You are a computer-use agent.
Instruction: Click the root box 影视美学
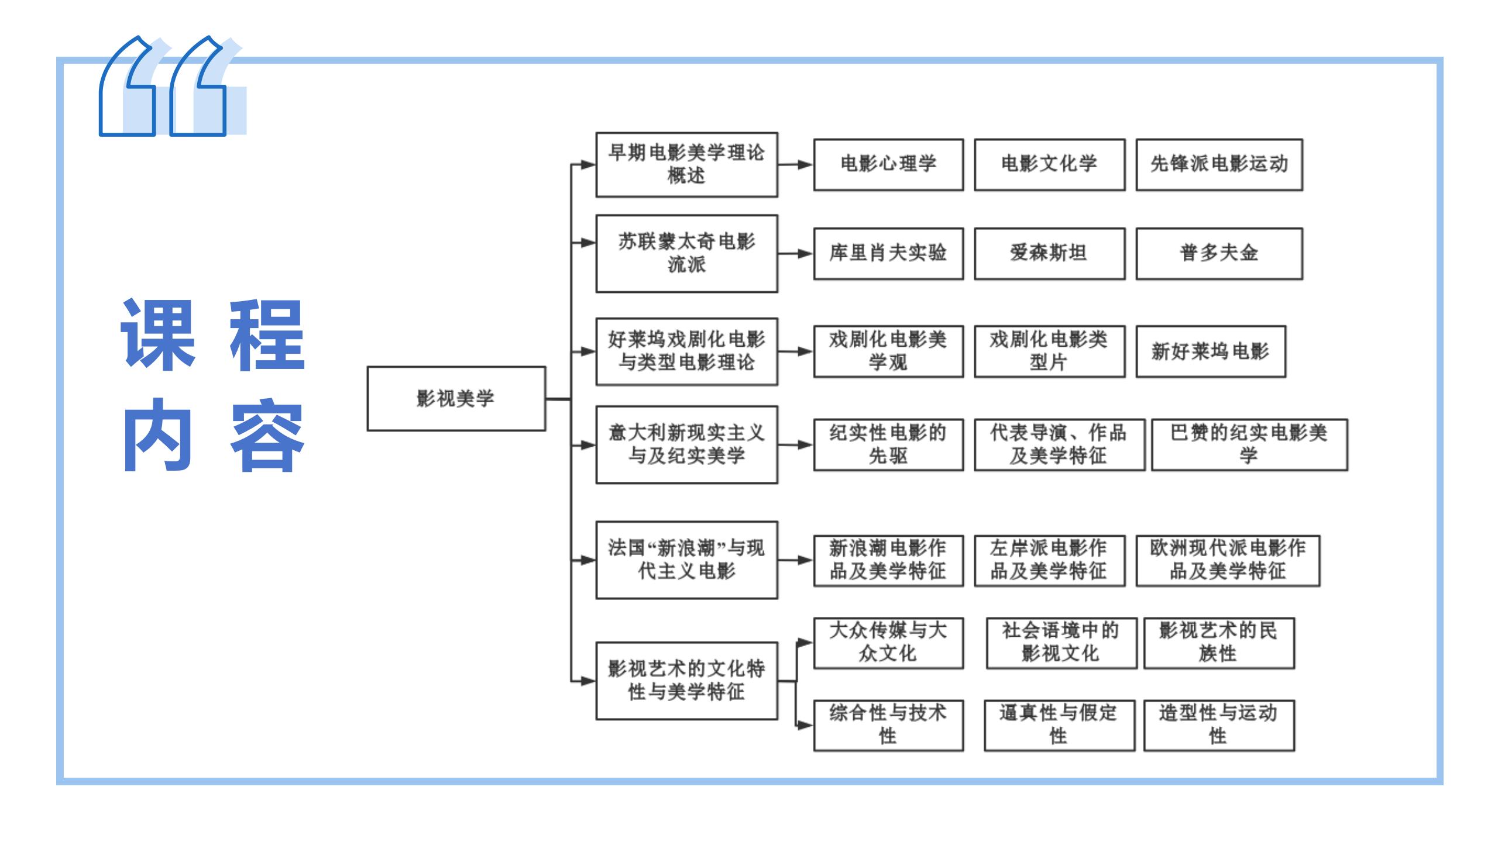(456, 399)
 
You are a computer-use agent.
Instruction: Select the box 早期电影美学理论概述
(686, 164)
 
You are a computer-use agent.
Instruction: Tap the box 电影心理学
(888, 164)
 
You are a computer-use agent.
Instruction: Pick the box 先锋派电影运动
(1219, 164)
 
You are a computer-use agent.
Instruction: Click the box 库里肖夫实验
(888, 253)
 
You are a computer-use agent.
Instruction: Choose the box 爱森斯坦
(1049, 253)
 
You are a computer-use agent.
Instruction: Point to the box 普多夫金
(1219, 253)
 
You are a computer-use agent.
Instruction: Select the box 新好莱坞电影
(1211, 351)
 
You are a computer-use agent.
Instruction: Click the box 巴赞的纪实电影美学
(1249, 444)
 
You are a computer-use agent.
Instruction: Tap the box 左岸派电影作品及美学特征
(1049, 560)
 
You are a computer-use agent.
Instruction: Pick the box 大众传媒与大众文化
(888, 643)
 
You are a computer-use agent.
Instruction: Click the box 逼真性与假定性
(1059, 725)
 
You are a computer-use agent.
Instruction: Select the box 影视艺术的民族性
(1219, 643)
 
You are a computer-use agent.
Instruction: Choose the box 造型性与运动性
(1219, 725)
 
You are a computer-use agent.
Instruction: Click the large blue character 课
(158, 334)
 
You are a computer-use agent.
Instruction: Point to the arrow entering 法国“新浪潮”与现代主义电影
(584, 560)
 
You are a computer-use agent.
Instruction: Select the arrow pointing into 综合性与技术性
(804, 726)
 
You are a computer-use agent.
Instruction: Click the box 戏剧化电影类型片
(1049, 351)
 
